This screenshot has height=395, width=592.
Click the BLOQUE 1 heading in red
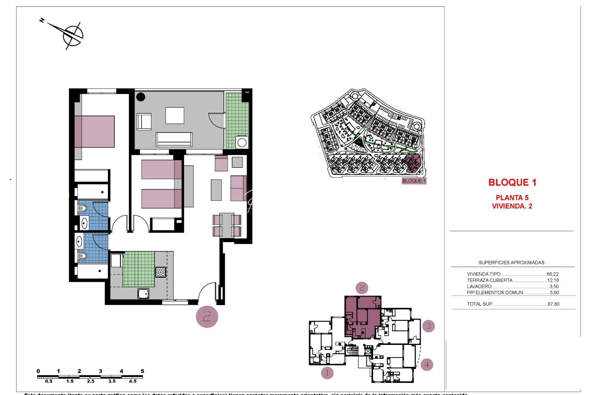click(512, 183)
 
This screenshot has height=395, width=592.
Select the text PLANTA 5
click(512, 197)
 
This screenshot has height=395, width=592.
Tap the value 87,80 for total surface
click(553, 304)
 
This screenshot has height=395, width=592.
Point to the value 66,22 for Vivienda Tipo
click(553, 274)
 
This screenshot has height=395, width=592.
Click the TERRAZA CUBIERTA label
click(489, 280)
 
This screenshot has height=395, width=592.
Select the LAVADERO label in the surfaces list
click(479, 286)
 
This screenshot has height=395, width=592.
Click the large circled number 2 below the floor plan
click(207, 316)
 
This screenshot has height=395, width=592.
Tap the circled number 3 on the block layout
click(428, 326)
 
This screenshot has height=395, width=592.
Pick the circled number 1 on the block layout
click(327, 373)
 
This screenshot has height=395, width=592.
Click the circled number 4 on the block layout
click(426, 364)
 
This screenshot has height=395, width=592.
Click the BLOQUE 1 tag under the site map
click(414, 181)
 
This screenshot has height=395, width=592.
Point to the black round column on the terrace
click(141, 97)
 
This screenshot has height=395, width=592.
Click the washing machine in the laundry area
click(242, 142)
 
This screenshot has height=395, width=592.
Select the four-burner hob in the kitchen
click(161, 272)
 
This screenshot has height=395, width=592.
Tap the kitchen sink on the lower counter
click(143, 293)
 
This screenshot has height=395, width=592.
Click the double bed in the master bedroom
click(95, 132)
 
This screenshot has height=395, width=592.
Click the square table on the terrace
click(175, 115)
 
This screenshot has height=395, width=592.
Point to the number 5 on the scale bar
click(143, 371)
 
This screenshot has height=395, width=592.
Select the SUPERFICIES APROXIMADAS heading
click(511, 263)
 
